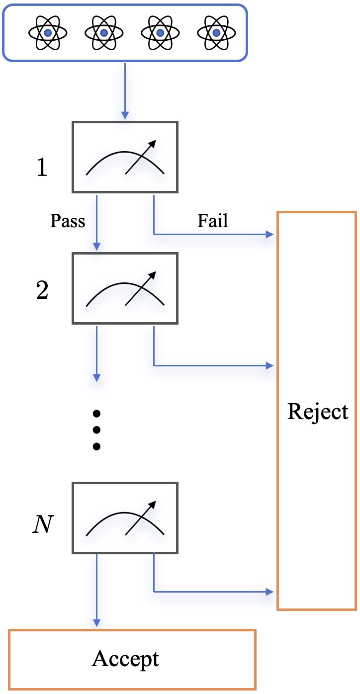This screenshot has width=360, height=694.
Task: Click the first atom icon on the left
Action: tap(48, 33)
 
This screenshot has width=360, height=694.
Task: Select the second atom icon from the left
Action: tap(104, 33)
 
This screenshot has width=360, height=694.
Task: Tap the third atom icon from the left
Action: tap(160, 33)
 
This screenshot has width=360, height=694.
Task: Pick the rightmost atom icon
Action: tap(216, 33)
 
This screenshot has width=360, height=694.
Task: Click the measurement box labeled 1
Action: tap(125, 157)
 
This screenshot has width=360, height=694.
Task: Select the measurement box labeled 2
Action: tap(125, 288)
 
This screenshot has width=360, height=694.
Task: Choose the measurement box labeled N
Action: tap(125, 518)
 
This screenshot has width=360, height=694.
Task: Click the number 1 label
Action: tap(42, 168)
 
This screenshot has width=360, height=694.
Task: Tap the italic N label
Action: tap(42, 524)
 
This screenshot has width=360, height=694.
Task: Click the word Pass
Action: tap(68, 221)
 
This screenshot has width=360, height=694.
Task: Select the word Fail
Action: tap(213, 220)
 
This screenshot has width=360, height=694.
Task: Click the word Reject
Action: tap(318, 412)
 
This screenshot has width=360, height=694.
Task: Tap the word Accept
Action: tap(125, 659)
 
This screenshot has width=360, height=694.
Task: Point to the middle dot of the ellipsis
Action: tap(97, 430)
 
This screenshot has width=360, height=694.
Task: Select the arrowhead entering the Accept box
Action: tap(97, 623)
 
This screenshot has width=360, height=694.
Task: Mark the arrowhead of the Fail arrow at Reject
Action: tap(270, 234)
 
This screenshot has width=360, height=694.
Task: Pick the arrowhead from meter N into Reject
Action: tap(270, 592)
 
